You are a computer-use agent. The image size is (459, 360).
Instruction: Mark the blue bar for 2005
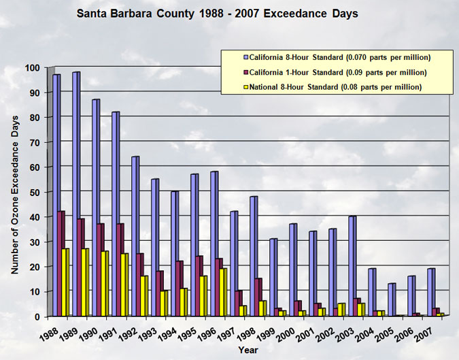point(392,299)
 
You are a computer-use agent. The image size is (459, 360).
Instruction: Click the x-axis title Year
point(248,350)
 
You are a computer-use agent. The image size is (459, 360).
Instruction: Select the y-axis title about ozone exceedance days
point(14,195)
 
